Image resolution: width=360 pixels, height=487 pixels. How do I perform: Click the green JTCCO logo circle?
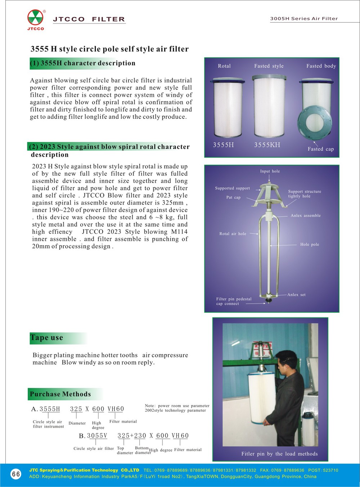click(35, 17)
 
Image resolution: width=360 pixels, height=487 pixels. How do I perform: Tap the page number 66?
click(16, 474)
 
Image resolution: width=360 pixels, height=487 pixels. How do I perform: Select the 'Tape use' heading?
click(46, 338)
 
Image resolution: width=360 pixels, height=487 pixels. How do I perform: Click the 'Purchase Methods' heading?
click(60, 394)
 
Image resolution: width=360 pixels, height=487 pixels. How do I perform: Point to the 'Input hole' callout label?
click(270, 171)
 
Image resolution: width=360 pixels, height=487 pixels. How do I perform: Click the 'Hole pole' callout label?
click(310, 244)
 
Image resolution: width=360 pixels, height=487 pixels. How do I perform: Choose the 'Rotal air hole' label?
click(233, 234)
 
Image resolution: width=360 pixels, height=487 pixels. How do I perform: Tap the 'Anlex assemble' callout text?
click(306, 215)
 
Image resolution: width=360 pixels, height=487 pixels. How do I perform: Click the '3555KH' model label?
click(267, 145)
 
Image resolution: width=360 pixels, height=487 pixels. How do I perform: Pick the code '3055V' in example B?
click(97, 435)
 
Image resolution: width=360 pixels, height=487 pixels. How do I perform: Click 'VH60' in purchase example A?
click(116, 409)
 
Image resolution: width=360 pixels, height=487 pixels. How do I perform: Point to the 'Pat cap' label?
click(233, 197)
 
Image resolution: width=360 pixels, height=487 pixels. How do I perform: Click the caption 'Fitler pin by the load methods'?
click(279, 454)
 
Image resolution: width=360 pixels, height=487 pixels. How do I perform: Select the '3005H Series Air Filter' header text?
click(304, 18)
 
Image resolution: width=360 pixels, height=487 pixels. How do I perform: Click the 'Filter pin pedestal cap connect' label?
click(234, 301)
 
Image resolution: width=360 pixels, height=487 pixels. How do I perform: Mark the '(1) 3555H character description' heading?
click(83, 63)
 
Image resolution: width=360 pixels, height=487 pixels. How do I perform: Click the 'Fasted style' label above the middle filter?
click(269, 66)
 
